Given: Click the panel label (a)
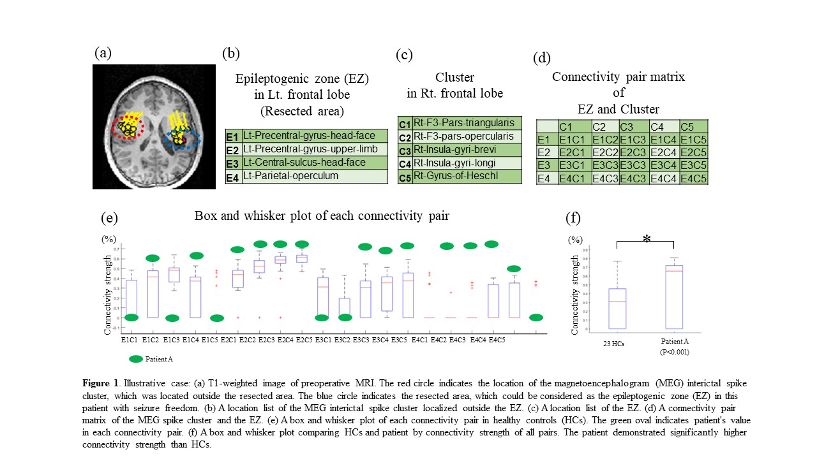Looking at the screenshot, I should coord(103,53).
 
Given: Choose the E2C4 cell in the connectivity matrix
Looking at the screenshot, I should coord(663,152).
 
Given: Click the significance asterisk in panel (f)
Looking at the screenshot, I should coord(647,239).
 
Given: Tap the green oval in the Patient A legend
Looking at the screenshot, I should coord(135,359).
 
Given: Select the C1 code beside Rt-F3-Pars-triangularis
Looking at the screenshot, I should coord(404,124).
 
